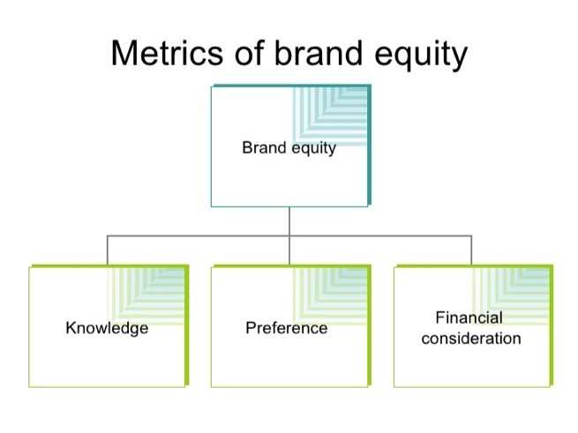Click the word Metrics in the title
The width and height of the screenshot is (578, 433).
pos(167,53)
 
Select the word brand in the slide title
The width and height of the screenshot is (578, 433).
pos(319,53)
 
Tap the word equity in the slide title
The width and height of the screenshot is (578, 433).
pos(421,56)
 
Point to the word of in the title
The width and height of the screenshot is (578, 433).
pos(250,53)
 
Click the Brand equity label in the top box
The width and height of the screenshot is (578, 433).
pos(289,148)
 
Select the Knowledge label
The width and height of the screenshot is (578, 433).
pos(107,328)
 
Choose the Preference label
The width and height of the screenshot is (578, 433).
pos(287,328)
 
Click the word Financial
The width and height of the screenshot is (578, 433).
pos(469,317)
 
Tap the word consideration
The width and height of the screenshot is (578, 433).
pos(471,339)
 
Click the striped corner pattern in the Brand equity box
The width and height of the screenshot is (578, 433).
pos(329,116)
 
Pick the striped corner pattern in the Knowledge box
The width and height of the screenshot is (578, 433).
pos(146,296)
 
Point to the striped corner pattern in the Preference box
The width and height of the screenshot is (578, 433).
pos(329,296)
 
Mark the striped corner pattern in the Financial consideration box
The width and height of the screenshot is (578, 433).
pos(511,296)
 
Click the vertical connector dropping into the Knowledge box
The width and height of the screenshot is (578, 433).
pos(108,250)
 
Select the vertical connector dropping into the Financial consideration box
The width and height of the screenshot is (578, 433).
pos(471,250)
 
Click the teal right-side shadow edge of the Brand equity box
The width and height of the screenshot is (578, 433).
pos(369,145)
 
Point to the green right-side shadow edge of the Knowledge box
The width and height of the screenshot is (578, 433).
pos(187,325)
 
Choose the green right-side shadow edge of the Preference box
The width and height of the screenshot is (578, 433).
pos(369,325)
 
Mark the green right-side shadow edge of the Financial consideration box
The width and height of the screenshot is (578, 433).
pos(552,325)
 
